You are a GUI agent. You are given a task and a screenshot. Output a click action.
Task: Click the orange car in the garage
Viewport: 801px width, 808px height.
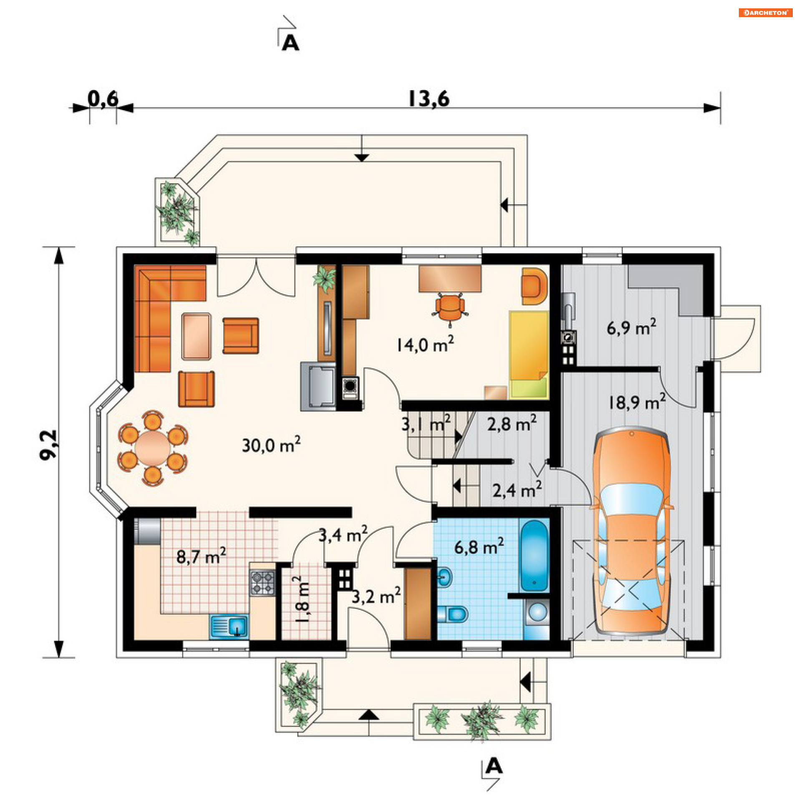pyautogui.click(x=632, y=531)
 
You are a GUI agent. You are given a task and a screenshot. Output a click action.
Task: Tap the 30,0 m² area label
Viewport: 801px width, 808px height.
pyautogui.click(x=271, y=445)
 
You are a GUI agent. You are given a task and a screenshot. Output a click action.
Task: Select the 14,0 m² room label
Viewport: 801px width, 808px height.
pyautogui.click(x=425, y=344)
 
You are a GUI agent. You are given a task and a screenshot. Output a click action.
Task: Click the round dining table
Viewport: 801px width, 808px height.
pyautogui.click(x=153, y=448)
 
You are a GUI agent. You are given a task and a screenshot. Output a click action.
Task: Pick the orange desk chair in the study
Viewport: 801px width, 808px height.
pyautogui.click(x=450, y=308)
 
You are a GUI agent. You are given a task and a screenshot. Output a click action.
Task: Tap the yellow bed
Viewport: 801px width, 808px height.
pyautogui.click(x=528, y=354)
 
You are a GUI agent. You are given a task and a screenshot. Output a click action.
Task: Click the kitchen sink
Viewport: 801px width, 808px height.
pyautogui.click(x=229, y=627)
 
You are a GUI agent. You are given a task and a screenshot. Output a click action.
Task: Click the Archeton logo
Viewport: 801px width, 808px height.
pyautogui.click(x=765, y=13)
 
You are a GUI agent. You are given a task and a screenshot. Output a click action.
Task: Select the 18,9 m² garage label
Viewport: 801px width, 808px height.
pyautogui.click(x=637, y=402)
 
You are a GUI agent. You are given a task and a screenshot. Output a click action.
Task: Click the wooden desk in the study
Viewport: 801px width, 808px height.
pyautogui.click(x=450, y=279)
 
